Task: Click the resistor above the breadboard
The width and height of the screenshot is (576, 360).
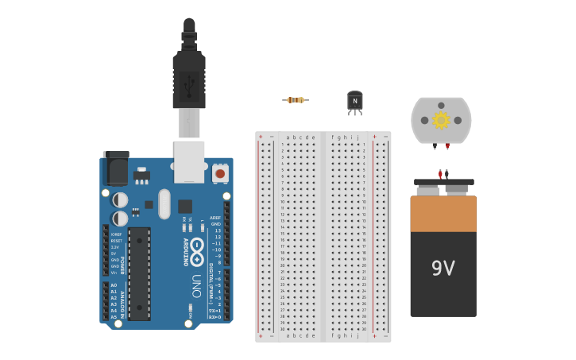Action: (x=295, y=99)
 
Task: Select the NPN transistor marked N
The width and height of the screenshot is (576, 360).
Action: (x=355, y=101)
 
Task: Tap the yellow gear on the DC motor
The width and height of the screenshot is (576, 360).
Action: (x=441, y=120)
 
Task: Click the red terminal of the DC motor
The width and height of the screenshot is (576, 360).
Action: (x=447, y=146)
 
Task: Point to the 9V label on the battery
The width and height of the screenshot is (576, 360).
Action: (x=443, y=269)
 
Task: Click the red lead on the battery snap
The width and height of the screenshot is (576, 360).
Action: (x=440, y=173)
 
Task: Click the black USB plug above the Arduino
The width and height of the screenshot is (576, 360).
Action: (x=189, y=79)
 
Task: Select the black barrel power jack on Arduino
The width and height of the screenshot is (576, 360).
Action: (x=116, y=168)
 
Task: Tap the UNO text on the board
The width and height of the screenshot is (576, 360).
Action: (x=196, y=285)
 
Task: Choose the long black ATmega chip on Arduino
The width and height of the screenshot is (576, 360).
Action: (x=139, y=273)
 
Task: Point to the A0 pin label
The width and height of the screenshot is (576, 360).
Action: (x=114, y=285)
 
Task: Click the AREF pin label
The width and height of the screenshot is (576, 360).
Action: (x=215, y=218)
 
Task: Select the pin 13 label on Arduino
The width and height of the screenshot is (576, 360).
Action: (x=217, y=230)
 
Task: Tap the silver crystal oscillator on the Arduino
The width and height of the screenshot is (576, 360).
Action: (x=164, y=203)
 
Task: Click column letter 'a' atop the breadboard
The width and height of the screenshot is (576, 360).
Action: (x=288, y=137)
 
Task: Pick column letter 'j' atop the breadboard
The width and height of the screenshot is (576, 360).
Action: (x=358, y=137)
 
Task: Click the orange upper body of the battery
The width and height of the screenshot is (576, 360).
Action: (x=443, y=213)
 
